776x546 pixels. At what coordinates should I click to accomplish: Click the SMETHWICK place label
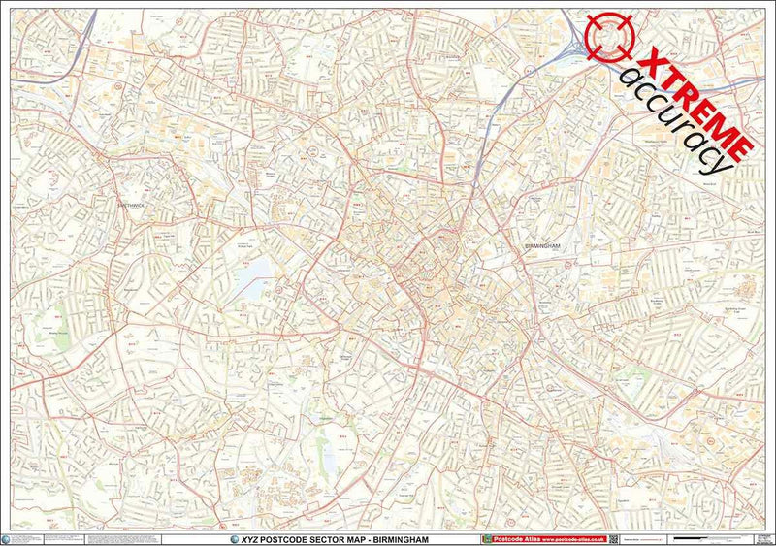point(129,206)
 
